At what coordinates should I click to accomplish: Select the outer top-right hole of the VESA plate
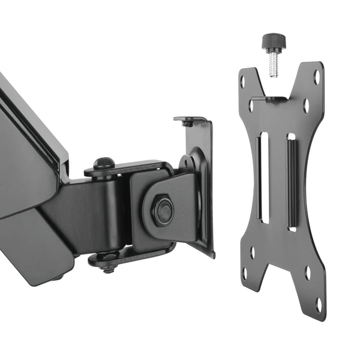[x=317, y=77]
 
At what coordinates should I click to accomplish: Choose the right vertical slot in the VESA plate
[x=292, y=182]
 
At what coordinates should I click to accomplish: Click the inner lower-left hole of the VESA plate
[x=252, y=253]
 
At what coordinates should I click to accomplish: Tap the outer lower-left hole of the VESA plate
[x=245, y=274]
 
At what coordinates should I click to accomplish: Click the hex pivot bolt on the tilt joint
[x=162, y=210]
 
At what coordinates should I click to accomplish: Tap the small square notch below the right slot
[x=293, y=229]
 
